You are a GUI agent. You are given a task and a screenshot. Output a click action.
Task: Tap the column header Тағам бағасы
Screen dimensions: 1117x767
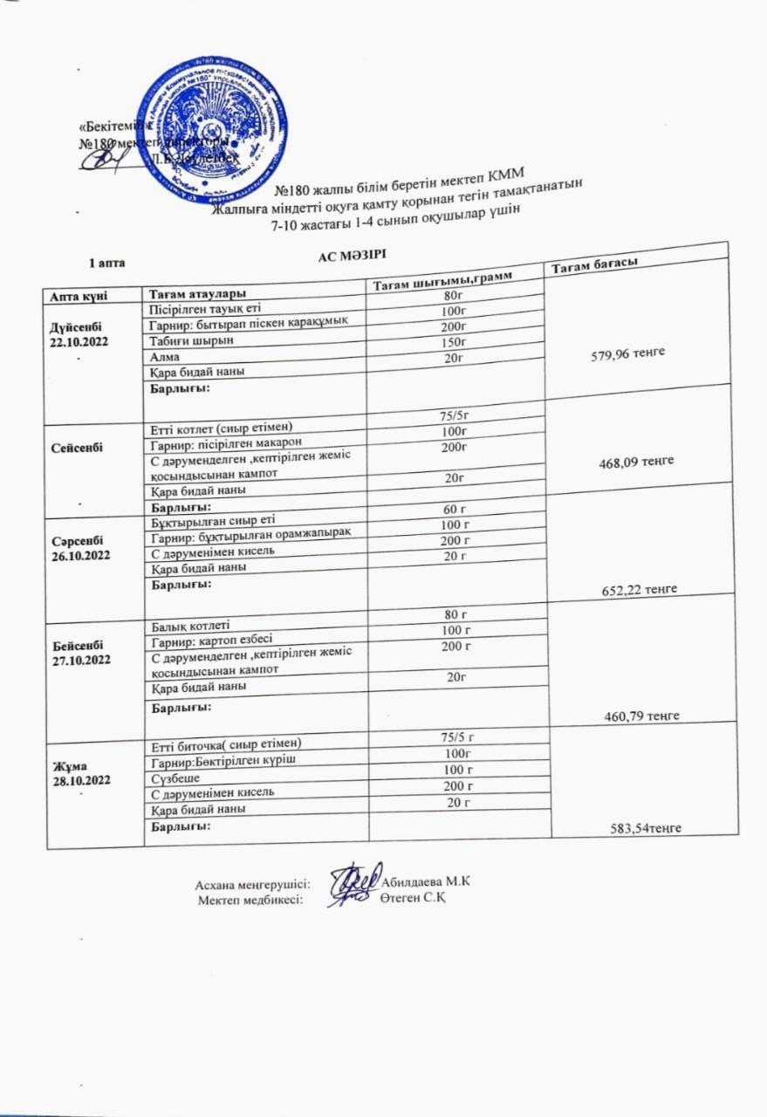pos(591,264)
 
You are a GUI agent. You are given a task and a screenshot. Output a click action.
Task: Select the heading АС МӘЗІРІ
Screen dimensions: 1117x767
pos(351,254)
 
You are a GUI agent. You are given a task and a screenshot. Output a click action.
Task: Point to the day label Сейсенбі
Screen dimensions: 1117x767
pos(78,447)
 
